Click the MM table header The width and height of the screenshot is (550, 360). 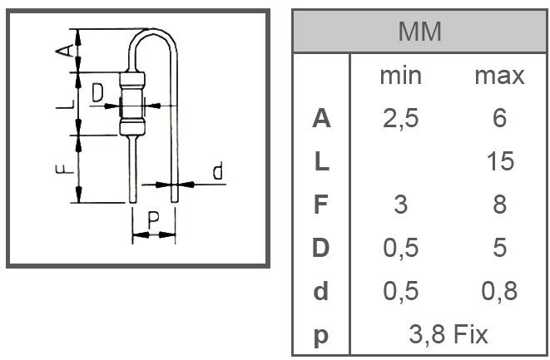pyautogui.click(x=419, y=32)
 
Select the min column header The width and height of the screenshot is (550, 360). pyautogui.click(x=400, y=76)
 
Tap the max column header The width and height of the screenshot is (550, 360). pyautogui.click(x=499, y=76)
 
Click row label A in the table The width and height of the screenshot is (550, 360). pyautogui.click(x=321, y=119)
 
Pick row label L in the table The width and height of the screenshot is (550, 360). pyautogui.click(x=321, y=161)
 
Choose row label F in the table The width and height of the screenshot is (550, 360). pyautogui.click(x=321, y=205)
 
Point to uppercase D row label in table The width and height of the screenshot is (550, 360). pyautogui.click(x=321, y=248)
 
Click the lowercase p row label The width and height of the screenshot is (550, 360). pyautogui.click(x=321, y=336)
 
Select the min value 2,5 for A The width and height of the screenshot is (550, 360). pyautogui.click(x=400, y=119)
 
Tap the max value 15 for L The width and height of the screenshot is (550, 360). pyautogui.click(x=499, y=161)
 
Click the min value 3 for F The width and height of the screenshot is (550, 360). pyautogui.click(x=400, y=205)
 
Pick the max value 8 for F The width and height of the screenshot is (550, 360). pyautogui.click(x=499, y=205)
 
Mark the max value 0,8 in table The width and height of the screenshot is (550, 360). pyautogui.click(x=499, y=291)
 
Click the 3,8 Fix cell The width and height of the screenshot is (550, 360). pyautogui.click(x=448, y=335)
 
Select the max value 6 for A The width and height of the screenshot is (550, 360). pyautogui.click(x=499, y=119)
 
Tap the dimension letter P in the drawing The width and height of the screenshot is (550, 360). pyautogui.click(x=153, y=220)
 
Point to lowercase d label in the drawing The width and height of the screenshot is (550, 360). pyautogui.click(x=217, y=172)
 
